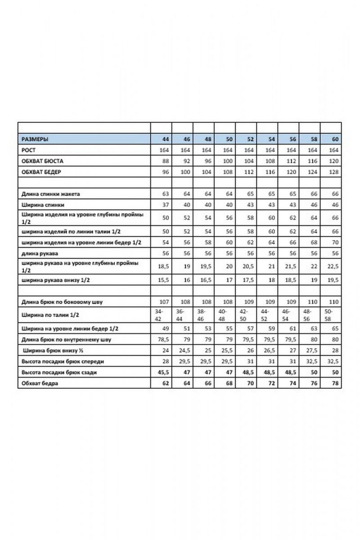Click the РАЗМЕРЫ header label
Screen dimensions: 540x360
click(35, 139)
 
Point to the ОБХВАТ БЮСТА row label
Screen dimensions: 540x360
click(43, 161)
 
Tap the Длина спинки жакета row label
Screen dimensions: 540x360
click(51, 194)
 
